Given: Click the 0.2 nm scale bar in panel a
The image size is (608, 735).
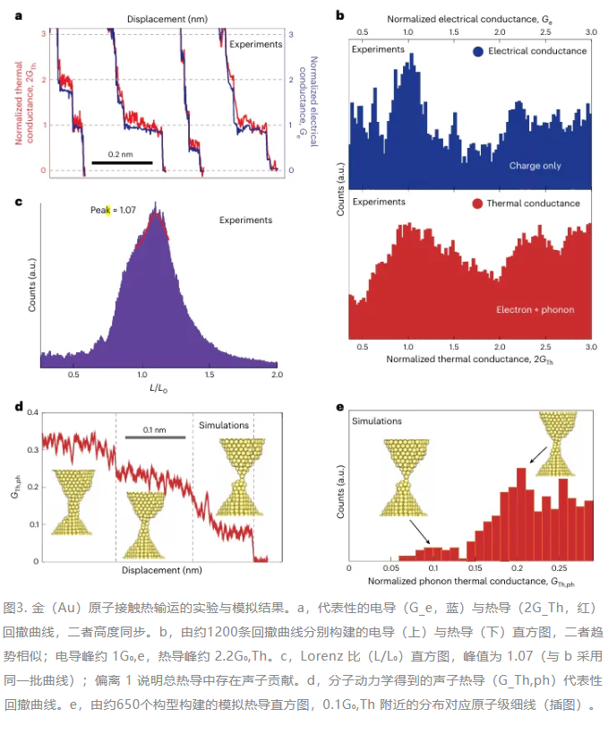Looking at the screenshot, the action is (122, 162).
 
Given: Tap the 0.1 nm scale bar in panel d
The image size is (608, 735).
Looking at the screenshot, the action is (155, 437).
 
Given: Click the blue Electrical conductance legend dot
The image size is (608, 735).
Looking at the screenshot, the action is (478, 52).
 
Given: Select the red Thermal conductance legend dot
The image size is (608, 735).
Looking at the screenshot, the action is (477, 203).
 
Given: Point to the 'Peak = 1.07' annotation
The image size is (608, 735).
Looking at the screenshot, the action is (113, 210).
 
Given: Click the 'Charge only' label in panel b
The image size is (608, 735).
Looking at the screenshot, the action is (535, 166).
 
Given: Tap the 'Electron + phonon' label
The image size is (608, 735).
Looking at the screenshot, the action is (535, 309).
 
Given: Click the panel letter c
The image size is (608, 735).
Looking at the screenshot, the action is (19, 202).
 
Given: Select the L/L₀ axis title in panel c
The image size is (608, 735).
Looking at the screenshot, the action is (158, 388).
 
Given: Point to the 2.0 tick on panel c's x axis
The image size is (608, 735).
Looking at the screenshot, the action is (277, 375).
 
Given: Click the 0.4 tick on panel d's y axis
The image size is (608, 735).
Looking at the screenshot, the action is (32, 412).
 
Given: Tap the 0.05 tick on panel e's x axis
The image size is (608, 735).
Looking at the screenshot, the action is (391, 568).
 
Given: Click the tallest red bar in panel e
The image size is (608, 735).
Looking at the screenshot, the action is (521, 514).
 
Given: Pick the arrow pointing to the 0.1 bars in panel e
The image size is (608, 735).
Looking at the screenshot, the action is (420, 532).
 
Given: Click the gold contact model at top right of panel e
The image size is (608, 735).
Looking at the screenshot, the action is (556, 444).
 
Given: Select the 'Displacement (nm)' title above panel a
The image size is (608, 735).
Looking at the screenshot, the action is (167, 19).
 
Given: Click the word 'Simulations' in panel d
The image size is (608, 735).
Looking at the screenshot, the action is (224, 425).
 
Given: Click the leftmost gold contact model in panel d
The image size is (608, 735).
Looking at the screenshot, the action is (73, 502).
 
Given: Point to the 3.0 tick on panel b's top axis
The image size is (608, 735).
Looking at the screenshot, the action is (591, 32).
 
